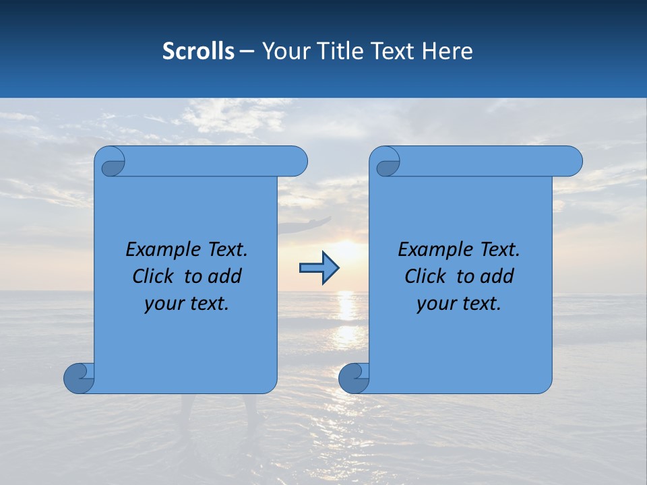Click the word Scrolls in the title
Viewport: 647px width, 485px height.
tap(198, 51)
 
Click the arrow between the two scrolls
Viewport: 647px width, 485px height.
tap(319, 268)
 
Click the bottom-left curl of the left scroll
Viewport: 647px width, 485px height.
tap(80, 377)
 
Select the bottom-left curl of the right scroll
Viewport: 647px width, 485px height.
tap(355, 377)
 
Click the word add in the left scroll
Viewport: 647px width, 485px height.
tap(226, 276)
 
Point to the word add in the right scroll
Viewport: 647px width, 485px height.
tap(498, 276)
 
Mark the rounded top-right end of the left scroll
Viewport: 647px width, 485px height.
tap(297, 162)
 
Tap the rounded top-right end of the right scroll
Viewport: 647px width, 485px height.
tap(572, 162)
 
